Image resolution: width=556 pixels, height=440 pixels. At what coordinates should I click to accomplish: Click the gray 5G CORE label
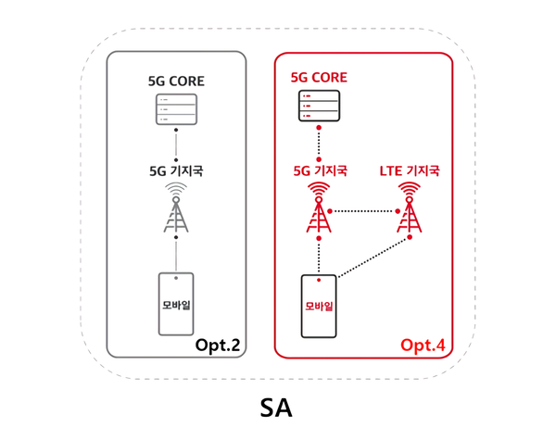click(x=175, y=82)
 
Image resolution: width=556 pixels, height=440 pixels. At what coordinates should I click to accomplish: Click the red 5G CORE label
click(x=319, y=78)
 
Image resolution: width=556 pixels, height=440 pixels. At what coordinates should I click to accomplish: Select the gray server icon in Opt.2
click(x=175, y=111)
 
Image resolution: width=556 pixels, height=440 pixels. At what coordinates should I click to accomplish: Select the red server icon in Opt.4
click(x=319, y=107)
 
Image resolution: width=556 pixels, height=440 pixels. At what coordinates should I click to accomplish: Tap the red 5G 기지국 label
click(x=319, y=170)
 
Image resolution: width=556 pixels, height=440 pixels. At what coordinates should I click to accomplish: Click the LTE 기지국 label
click(x=410, y=170)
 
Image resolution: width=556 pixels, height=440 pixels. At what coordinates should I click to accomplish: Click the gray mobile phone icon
click(x=175, y=304)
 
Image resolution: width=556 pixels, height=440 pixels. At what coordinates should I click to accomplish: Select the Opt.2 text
click(x=218, y=345)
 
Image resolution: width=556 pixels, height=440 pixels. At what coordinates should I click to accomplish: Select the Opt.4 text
click(x=423, y=345)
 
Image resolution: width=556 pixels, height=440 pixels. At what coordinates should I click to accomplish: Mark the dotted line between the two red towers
click(x=364, y=209)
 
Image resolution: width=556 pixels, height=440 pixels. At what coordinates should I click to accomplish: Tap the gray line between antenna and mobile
click(x=175, y=257)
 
